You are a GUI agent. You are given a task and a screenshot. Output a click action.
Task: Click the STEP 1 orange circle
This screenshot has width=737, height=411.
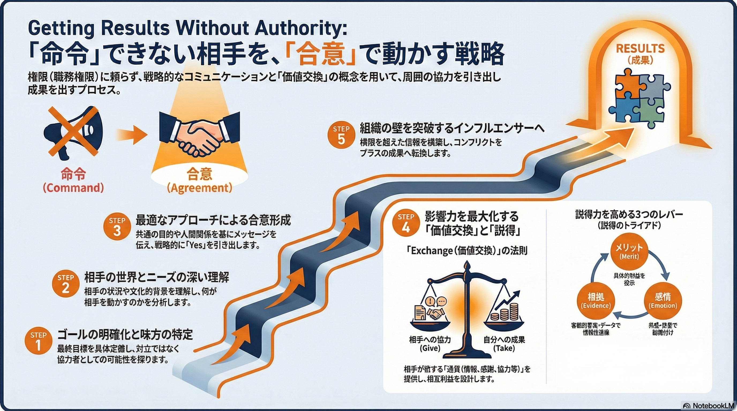coord(38,341)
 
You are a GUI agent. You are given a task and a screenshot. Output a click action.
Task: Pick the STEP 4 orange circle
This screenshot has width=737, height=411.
coord(406,223)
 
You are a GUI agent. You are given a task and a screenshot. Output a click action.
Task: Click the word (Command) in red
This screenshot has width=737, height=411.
coord(73,188)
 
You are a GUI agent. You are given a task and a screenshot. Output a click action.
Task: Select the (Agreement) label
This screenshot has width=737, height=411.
coord(200,188)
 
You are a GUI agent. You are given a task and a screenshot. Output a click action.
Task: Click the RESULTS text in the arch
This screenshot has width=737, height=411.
coord(640,49)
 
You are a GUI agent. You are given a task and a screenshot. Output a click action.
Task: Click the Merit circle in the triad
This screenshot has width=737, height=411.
coord(629,251)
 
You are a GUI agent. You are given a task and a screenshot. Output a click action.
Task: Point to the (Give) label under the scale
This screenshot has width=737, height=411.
coord(430,348)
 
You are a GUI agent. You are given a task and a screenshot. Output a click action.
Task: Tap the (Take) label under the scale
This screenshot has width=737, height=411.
coord(504,348)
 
